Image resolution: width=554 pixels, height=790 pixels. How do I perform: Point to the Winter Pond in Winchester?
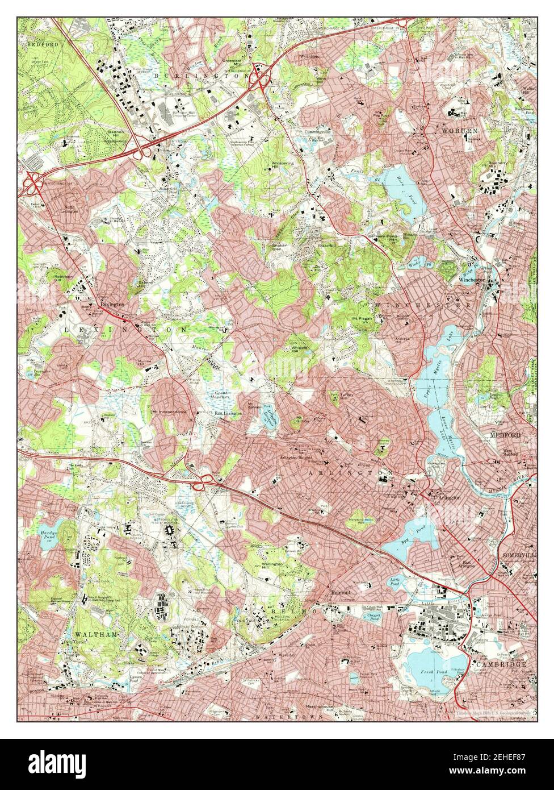[417, 264]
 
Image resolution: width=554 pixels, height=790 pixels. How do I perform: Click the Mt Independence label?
[169, 411]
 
